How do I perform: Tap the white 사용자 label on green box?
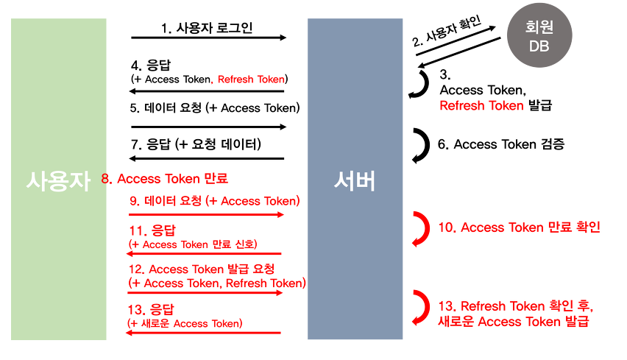coord(58,180)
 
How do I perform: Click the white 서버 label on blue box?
coord(355,180)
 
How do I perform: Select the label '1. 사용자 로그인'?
coord(207,29)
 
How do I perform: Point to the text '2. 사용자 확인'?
coord(447,32)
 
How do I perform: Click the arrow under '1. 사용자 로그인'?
coord(208,37)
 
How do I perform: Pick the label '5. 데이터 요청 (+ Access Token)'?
coord(215,107)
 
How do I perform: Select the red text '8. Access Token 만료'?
coord(164,178)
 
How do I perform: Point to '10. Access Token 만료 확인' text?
coord(520,227)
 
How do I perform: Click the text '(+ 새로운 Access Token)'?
coord(185,322)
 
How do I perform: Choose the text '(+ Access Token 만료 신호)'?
coord(193,244)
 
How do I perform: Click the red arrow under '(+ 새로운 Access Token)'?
coord(205,333)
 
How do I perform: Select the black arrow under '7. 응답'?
coord(206,158)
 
